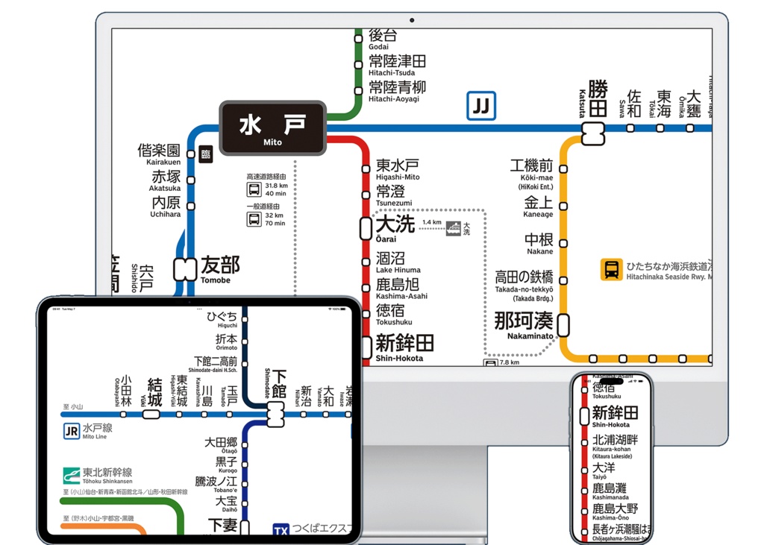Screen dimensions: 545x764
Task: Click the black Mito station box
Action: tap(273, 128)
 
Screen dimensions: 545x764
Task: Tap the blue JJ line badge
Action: tap(481, 106)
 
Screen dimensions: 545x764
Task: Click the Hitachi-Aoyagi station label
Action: tap(397, 91)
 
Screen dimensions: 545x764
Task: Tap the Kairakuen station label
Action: tap(158, 154)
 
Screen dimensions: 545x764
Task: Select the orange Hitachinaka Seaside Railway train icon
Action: tap(612, 269)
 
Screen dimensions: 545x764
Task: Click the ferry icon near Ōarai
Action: tap(453, 229)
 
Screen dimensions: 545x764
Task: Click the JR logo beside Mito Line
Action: tap(72, 430)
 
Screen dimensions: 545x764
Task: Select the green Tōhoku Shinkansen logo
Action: tap(72, 474)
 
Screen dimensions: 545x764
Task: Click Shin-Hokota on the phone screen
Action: tap(616, 416)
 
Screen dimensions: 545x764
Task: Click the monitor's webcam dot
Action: tap(412, 20)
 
